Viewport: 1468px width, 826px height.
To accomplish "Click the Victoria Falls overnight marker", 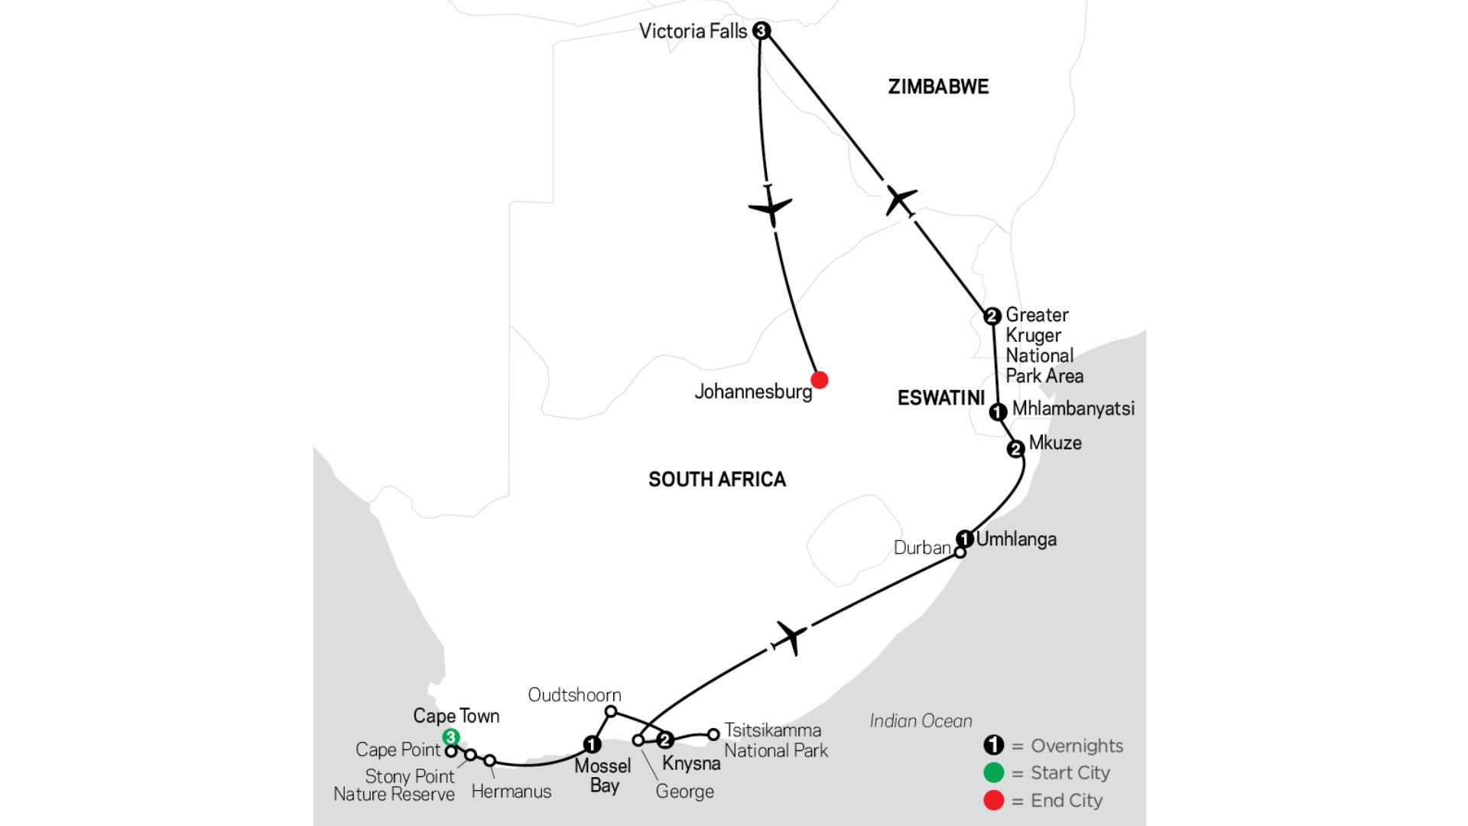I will pos(761,31).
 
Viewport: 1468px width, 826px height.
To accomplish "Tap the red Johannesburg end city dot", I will pos(819,379).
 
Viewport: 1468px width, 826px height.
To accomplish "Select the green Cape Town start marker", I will pos(451,737).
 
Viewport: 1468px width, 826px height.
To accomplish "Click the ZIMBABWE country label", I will pos(938,87).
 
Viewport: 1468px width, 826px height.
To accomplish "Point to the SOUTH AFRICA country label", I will pos(716,480).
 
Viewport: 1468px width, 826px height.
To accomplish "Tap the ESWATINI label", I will pos(940,398).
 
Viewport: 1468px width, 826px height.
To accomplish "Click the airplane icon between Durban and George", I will pos(791,636).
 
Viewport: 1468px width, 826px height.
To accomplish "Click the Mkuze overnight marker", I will pos(1015,449).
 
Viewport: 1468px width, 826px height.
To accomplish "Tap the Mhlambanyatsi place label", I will pos(1073,409).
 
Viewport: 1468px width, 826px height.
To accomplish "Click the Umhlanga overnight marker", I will pos(965,538).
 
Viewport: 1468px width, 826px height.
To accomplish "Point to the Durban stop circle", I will pos(960,552).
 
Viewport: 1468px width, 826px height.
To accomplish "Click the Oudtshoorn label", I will pos(574,695).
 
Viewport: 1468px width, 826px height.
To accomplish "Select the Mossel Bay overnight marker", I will pos(592,743).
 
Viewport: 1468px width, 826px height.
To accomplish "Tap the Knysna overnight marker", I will pos(665,740).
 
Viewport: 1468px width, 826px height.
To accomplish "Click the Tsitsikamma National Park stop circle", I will pos(713,734).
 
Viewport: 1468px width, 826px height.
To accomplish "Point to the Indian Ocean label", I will pos(921,721).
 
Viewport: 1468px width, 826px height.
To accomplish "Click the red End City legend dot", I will pos(993,801).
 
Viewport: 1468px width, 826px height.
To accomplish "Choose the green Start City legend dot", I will pos(993,773).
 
